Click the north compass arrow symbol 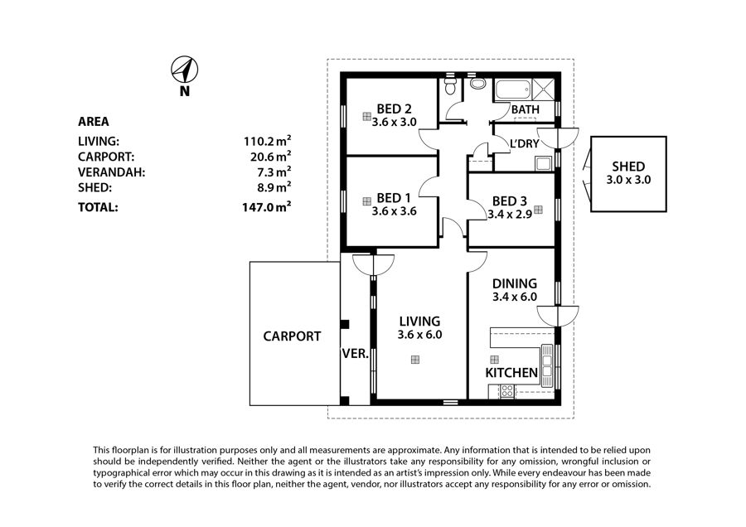pos(185,70)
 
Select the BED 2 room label pos(394,109)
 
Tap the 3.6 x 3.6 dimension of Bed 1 pos(394,211)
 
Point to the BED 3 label pos(510,201)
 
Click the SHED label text pos(628,167)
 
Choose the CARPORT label pos(292,336)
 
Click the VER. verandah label pos(356,354)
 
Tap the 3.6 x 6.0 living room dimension pos(419,335)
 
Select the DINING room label pos(514,283)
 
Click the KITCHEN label pos(511,372)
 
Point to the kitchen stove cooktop pos(507,391)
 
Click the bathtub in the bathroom pos(513,89)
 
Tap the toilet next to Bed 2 pos(449,85)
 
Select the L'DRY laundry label pos(525,143)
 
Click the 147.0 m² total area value pos(266,207)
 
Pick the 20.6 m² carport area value pos(271,157)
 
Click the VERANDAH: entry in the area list pos(111,172)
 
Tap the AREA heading pos(93,122)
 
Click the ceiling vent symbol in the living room pos(415,360)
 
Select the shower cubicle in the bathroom pos(543,89)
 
